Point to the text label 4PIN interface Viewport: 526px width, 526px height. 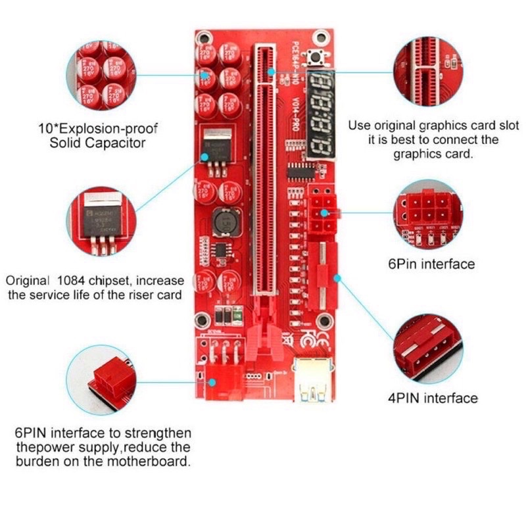pos(431,398)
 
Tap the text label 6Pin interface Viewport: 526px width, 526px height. pos(431,264)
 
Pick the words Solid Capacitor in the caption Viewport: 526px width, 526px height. pos(97,143)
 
